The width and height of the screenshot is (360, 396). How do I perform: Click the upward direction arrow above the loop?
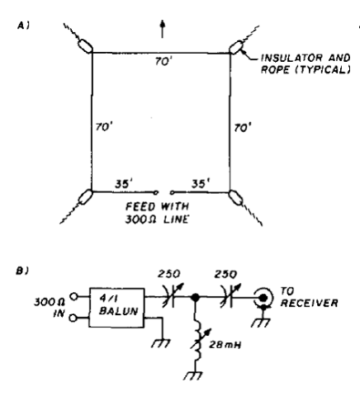(163, 29)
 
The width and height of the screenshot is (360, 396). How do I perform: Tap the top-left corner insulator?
(85, 45)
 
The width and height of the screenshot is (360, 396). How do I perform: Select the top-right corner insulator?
(236, 47)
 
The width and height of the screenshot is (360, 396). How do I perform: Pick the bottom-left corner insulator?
(85, 196)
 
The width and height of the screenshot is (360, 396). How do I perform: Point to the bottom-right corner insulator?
(236, 197)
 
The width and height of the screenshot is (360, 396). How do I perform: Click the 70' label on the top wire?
(163, 61)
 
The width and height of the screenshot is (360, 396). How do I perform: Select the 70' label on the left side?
(104, 127)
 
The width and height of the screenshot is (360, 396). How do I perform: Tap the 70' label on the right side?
(243, 128)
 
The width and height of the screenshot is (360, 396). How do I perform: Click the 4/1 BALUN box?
(116, 308)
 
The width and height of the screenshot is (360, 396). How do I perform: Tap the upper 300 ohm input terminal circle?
(73, 296)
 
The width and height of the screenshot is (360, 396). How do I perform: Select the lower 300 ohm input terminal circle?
(73, 318)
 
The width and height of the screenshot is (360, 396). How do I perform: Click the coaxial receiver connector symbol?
(263, 298)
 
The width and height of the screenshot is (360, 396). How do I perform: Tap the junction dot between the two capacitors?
(195, 297)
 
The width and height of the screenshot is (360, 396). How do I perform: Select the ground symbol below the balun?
(161, 343)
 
